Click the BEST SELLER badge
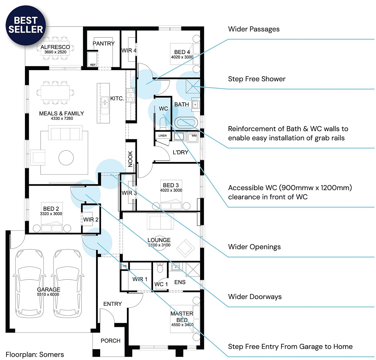(x=26, y=25)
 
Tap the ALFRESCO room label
(x=55, y=47)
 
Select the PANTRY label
(x=103, y=43)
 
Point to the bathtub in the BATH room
(x=186, y=122)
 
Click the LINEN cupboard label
(x=162, y=136)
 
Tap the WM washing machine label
(x=194, y=136)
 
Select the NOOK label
(x=130, y=159)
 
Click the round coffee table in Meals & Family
(x=66, y=158)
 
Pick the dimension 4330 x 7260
(x=62, y=119)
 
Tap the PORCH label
(x=110, y=341)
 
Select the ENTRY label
(x=113, y=304)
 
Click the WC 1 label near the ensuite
(x=161, y=284)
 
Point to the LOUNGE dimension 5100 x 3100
(x=159, y=245)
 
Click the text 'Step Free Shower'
(x=257, y=79)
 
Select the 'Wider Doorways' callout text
(x=255, y=297)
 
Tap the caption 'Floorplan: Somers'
(x=35, y=354)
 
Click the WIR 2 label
(x=91, y=219)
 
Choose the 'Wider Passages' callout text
(x=254, y=29)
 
